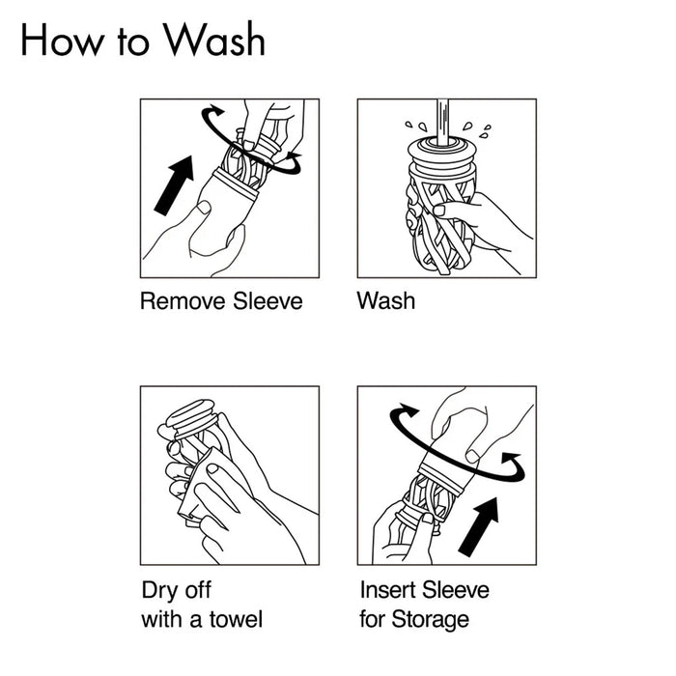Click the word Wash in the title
coord(214,41)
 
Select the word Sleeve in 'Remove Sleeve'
coord(268,301)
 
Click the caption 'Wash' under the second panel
coord(385,301)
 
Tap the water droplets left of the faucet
coord(414,127)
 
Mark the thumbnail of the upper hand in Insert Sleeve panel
coord(472,454)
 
